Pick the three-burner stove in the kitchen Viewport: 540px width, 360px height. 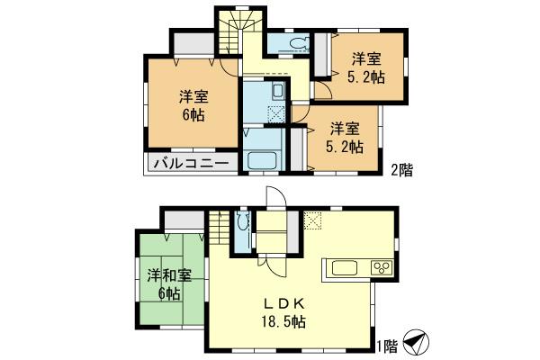(380, 268)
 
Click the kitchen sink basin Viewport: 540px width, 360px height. (346, 268)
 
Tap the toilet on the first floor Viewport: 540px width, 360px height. (241, 221)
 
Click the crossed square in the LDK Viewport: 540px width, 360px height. (314, 219)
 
